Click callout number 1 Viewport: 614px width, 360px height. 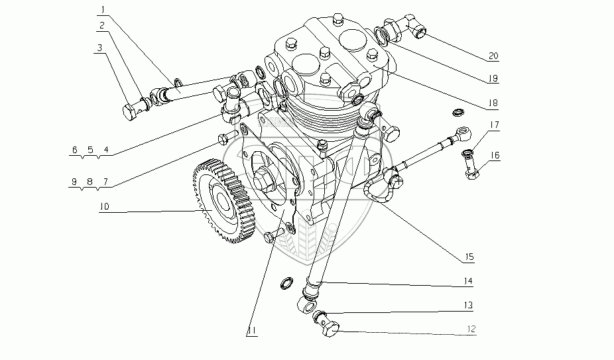coord(102,9)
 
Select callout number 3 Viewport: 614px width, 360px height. coord(98,48)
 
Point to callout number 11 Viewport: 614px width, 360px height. coord(250,330)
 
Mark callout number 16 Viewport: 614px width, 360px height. coord(495,155)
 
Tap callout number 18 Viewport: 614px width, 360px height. coord(490,103)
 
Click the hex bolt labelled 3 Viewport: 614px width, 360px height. coord(133,109)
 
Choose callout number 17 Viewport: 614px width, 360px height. coord(495,124)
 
